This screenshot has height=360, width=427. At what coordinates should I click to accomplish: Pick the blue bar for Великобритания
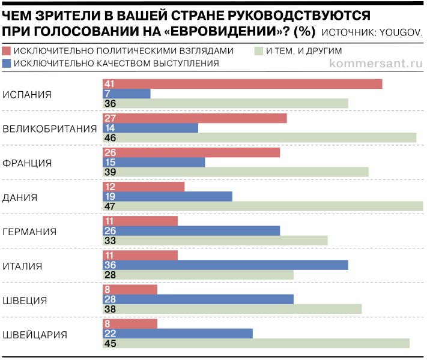tap(150, 128)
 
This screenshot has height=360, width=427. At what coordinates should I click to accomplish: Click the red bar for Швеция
tap(130, 289)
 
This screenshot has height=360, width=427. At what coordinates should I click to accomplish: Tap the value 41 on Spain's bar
tap(109, 84)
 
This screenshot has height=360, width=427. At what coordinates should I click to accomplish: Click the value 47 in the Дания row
tap(109, 206)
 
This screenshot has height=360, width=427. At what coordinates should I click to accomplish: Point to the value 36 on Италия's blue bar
tap(109, 265)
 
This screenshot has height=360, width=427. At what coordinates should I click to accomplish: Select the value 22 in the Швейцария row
tap(109, 333)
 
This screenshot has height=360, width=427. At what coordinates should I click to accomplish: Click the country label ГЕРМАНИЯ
tap(30, 232)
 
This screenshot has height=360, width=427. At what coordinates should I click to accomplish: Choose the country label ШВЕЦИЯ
tap(25, 300)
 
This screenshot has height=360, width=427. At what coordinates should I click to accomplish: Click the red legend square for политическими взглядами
tap(7, 51)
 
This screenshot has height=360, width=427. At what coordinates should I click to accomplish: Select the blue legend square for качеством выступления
tap(7, 63)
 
